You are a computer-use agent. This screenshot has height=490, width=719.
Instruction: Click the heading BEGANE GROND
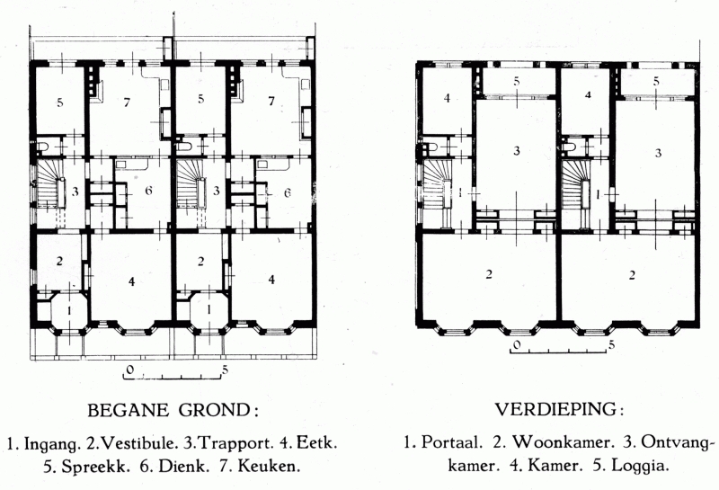169,410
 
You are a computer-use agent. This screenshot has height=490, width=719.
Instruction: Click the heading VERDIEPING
556,409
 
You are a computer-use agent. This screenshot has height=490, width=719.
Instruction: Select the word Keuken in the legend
269,466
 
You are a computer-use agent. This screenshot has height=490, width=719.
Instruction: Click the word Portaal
451,442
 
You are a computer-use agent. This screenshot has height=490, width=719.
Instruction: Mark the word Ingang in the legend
50,444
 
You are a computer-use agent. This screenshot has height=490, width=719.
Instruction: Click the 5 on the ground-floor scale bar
225,370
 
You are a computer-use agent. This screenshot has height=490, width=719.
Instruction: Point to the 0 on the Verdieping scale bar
517,344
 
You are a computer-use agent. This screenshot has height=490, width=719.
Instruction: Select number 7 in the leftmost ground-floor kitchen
127,102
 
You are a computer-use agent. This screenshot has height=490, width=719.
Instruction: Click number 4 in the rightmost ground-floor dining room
271,279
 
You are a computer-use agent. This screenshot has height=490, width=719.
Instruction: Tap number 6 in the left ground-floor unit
148,191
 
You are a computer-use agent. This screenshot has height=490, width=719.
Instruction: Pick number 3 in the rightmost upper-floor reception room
658,152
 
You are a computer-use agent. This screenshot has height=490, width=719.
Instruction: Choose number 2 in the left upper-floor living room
489,274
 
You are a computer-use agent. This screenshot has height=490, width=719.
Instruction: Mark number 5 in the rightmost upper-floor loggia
656,82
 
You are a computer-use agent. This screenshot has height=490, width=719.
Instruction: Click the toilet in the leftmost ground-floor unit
42,147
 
